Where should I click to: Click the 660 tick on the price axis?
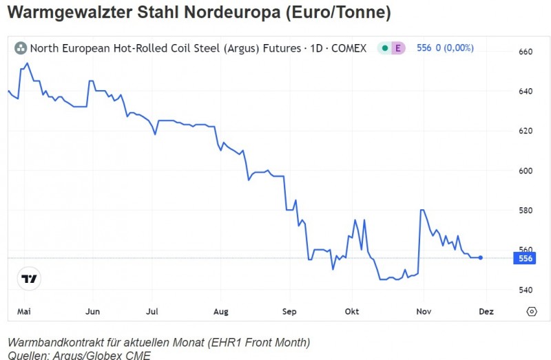click(526, 52)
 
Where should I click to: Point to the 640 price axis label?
click(526, 92)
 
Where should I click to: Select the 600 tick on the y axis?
click(526, 171)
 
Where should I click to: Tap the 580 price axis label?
click(526, 210)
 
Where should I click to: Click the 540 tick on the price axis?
click(526, 290)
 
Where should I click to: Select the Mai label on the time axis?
click(24, 312)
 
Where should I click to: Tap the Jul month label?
click(153, 312)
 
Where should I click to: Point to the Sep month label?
click(289, 312)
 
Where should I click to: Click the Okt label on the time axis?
click(352, 312)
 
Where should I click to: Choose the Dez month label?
click(487, 312)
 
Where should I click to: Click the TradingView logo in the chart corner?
click(29, 279)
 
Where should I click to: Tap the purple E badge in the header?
click(398, 48)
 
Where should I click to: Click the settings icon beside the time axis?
click(531, 312)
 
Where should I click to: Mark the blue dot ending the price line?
click(481, 257)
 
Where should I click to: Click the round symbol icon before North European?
click(21, 48)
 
